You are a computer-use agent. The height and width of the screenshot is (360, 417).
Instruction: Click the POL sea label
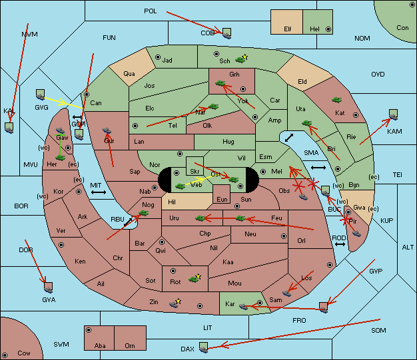coord(151,11)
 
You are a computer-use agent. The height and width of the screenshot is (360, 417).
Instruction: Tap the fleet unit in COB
coord(226,33)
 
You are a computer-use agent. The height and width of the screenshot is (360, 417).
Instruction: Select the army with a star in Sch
coord(242,59)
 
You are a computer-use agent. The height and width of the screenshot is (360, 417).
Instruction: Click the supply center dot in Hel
coord(328,29)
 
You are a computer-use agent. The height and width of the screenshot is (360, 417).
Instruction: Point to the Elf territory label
coord(288,29)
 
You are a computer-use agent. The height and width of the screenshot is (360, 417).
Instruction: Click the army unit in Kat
coord(336,100)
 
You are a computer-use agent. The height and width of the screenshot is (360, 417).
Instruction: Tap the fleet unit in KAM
coord(393,114)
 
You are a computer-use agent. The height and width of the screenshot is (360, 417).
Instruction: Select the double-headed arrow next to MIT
coord(99,192)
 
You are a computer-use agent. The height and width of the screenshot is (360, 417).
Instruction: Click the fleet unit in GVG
coord(40,94)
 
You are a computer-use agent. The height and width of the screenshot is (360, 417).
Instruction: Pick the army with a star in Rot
coord(195,278)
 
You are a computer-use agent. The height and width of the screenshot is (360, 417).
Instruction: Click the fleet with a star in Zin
coord(175,303)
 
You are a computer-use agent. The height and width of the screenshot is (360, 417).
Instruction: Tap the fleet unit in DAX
coord(203,347)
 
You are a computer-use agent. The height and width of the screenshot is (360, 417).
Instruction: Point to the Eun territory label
coord(222,200)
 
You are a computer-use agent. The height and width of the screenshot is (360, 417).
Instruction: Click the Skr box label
coord(195,172)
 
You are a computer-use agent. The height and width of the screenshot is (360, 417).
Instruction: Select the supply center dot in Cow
coord(5,355)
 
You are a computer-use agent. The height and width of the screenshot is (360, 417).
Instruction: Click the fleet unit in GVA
coord(48,287)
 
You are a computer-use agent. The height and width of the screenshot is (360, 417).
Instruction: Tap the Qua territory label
coord(129,74)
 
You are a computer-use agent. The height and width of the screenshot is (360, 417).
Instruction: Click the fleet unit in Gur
coord(107,130)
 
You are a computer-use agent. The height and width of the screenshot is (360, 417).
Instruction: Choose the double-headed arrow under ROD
coord(340,244)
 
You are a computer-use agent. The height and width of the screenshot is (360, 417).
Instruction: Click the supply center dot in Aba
coord(89,330)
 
